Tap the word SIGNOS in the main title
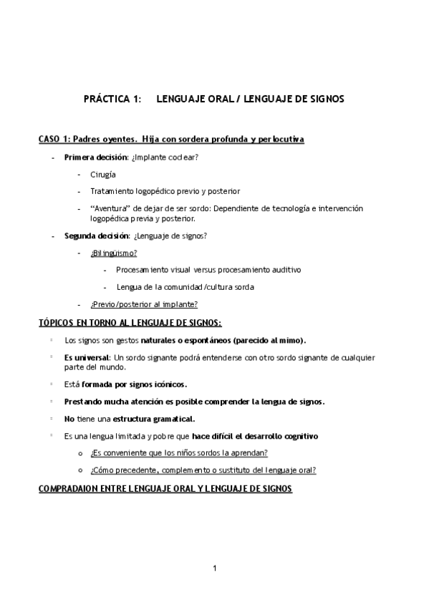pos(324,99)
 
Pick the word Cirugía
pos(103,174)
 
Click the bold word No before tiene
pos(69,419)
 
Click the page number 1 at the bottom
pos(214,568)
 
